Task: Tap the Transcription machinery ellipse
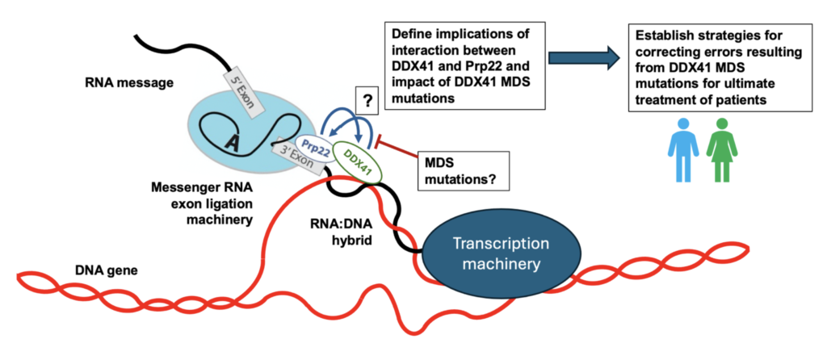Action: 500,253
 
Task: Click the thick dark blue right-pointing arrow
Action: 581,57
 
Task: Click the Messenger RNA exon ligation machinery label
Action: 198,203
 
